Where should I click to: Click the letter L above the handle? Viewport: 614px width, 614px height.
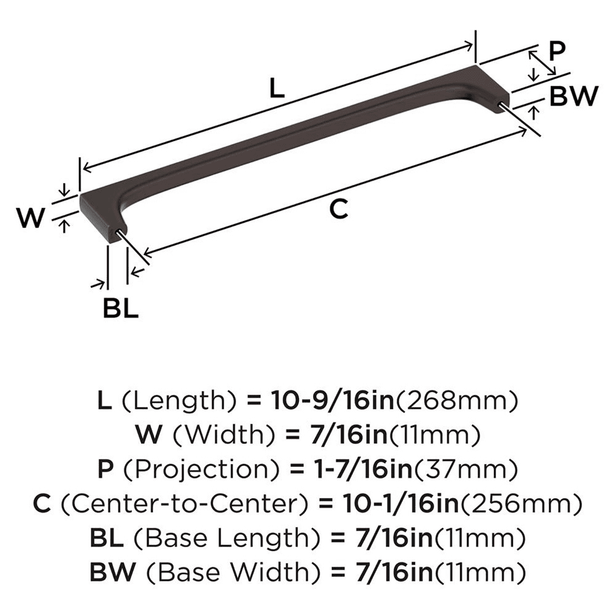tap(277, 90)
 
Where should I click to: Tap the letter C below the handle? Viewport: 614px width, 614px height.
tap(338, 209)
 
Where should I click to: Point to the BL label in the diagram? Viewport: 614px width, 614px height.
tap(120, 309)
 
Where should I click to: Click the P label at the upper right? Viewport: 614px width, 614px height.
tap(556, 50)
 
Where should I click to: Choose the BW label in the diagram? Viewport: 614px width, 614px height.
tap(573, 96)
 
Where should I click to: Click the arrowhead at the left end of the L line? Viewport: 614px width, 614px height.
tap(87, 166)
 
